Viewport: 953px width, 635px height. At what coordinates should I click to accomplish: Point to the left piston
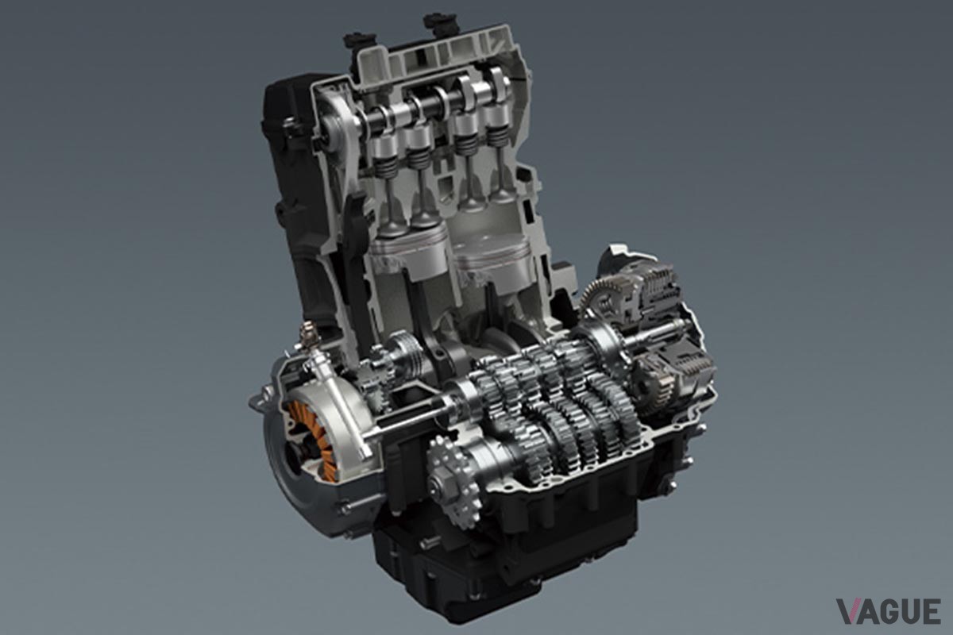(x=409, y=256)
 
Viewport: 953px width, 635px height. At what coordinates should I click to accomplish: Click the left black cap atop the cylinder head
(x=359, y=40)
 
